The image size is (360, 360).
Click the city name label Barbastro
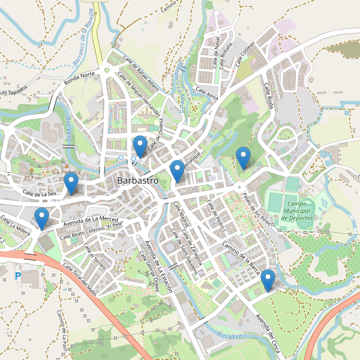(x=138, y=180)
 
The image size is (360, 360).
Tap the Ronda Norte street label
(x=80, y=79)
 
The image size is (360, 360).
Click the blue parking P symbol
(x=17, y=277)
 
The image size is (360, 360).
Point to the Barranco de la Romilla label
(x=83, y=43)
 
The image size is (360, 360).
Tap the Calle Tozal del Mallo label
(x=80, y=280)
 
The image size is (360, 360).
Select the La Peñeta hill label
(x=66, y=172)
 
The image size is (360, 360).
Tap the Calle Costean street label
(x=246, y=52)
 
